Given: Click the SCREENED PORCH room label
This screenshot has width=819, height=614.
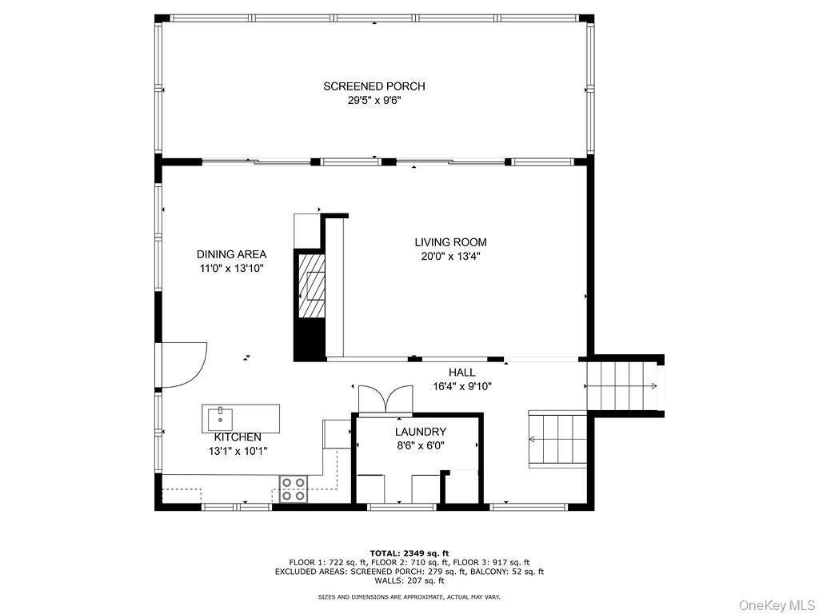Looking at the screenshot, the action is tap(374, 86).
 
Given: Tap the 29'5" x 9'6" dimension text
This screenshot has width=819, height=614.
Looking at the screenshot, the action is tap(374, 100).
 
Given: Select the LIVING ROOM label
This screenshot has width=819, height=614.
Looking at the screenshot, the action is tap(451, 242).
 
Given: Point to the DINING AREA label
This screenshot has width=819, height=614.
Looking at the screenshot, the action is tap(231, 254).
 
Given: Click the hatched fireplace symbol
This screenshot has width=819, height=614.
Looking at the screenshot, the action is tap(311, 285).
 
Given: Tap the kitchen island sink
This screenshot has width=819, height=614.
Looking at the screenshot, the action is tap(220, 419).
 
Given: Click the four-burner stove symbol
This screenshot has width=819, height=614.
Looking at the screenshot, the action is tap(293, 489).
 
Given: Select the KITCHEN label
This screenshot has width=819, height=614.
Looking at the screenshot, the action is tap(238, 437).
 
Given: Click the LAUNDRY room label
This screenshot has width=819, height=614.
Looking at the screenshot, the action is tap(421, 432).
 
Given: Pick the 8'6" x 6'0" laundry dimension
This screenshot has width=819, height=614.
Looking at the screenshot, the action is tap(421, 445).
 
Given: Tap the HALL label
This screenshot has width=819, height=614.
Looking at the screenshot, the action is tap(462, 373).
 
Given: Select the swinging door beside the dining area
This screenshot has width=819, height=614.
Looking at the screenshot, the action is tap(183, 365).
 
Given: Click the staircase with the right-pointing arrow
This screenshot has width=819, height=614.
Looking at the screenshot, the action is tap(621, 386).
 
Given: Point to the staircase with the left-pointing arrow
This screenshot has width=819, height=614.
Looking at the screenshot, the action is tap(557, 439).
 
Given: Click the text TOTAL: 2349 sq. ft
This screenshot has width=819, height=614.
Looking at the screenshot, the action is tap(409, 553).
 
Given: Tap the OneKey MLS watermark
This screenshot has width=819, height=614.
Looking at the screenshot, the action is tap(777, 605).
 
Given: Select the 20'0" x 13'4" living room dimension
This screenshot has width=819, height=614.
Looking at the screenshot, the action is tap(451, 257).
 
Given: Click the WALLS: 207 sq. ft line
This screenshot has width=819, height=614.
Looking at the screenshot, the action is tap(409, 580).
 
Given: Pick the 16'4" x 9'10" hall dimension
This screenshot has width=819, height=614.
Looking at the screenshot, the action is tap(462, 386).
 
